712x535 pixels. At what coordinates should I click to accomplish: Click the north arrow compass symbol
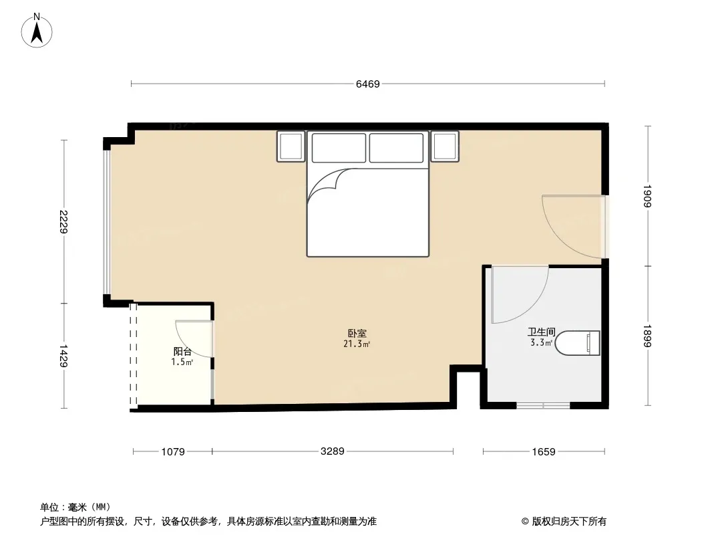pyautogui.click(x=37, y=31)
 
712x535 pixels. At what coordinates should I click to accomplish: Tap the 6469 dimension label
pyautogui.click(x=368, y=84)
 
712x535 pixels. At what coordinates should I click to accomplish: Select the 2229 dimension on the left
pyautogui.click(x=63, y=221)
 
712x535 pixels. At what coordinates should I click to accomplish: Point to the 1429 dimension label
pyautogui.click(x=63, y=356)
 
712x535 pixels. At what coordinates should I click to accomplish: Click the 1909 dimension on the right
pyautogui.click(x=647, y=196)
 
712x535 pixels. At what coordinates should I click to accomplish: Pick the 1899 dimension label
pyautogui.click(x=647, y=336)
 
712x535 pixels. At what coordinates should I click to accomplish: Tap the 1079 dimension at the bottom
pyautogui.click(x=173, y=452)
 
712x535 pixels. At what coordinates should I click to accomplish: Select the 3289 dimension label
pyautogui.click(x=333, y=451)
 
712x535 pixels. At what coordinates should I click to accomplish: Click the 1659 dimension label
pyautogui.click(x=544, y=452)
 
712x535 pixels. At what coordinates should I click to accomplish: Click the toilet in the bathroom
pyautogui.click(x=578, y=342)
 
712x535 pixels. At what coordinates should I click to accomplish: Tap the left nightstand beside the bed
pyautogui.click(x=291, y=146)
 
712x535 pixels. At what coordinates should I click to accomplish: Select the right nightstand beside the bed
pyautogui.click(x=445, y=146)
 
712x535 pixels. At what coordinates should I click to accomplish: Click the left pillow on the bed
pyautogui.click(x=339, y=148)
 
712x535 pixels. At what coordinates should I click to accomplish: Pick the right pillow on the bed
pyautogui.click(x=397, y=148)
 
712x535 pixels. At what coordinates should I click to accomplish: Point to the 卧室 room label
pyautogui.click(x=357, y=333)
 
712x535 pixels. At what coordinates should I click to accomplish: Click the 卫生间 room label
pyautogui.click(x=541, y=332)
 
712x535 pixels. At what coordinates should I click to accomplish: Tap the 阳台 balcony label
pyautogui.click(x=182, y=351)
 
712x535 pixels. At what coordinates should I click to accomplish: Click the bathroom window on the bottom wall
pyautogui.click(x=544, y=405)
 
